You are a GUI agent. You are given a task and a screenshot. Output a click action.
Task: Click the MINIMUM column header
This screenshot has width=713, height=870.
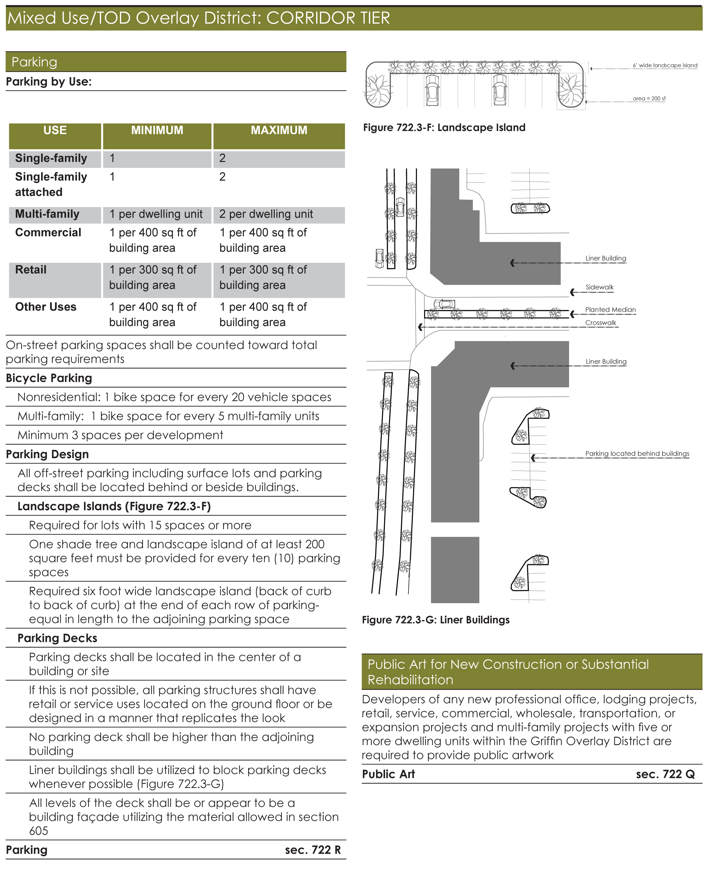pyautogui.click(x=157, y=130)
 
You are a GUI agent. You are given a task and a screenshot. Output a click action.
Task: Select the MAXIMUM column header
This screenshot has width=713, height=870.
pyautogui.click(x=279, y=130)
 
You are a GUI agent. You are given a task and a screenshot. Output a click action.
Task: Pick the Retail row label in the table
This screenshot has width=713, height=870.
pyautogui.click(x=31, y=270)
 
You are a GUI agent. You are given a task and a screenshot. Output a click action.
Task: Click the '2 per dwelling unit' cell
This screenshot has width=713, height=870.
pyautogui.click(x=266, y=214)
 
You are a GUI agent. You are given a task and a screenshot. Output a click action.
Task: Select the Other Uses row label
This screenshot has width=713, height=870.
pyautogui.click(x=46, y=307)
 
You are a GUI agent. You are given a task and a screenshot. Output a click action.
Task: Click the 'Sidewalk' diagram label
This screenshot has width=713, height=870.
pyautogui.click(x=599, y=287)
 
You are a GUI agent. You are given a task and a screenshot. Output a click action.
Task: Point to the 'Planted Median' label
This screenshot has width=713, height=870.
pyautogui.click(x=610, y=310)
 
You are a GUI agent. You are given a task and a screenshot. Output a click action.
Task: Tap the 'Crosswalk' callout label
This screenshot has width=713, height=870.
pyautogui.click(x=601, y=323)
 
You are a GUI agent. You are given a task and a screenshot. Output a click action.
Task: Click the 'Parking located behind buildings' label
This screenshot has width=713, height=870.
pyautogui.click(x=637, y=454)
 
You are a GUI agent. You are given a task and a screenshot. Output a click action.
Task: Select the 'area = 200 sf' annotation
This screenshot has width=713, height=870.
pyautogui.click(x=649, y=99)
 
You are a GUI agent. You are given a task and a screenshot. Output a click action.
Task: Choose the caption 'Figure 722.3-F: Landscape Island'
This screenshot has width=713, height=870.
pyautogui.click(x=444, y=128)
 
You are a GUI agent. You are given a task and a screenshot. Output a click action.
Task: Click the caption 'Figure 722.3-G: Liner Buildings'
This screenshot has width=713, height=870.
pyautogui.click(x=435, y=620)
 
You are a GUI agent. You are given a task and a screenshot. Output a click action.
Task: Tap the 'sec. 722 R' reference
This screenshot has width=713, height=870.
pyautogui.click(x=313, y=850)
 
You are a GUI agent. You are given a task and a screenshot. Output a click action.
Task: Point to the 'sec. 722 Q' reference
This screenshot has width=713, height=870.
pyautogui.click(x=665, y=774)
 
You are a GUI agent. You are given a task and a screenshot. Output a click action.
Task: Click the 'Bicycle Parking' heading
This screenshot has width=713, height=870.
pyautogui.click(x=49, y=378)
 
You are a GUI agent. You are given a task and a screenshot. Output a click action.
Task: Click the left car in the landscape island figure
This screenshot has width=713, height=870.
pyautogui.click(x=432, y=90)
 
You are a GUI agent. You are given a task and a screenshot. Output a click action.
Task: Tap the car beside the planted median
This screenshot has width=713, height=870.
pyautogui.click(x=444, y=304)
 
